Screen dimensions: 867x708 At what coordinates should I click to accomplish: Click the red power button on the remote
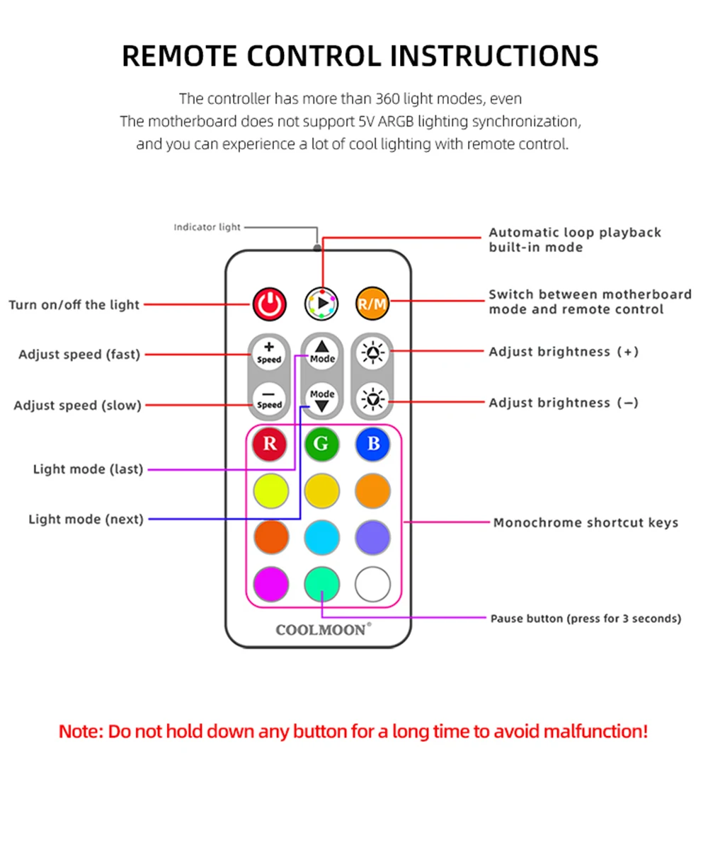coord(269,304)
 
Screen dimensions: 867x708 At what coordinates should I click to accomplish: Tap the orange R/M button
coord(372,304)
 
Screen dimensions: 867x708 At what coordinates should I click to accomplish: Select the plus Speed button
coord(269,352)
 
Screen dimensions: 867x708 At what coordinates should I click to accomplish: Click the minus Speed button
coord(269,399)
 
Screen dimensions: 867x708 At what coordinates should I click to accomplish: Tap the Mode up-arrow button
coord(322,352)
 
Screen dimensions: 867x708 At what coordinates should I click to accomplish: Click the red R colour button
coord(270,444)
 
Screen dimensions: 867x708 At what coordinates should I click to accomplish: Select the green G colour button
coord(321,444)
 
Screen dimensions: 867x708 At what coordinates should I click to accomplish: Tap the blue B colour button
coord(373,444)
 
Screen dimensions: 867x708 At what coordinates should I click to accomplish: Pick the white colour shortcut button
coord(373,585)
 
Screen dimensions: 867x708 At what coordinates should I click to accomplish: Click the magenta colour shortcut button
coord(271,585)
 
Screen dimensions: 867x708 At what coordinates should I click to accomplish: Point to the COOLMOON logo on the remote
coord(322,629)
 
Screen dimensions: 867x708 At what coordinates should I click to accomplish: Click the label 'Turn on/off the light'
coord(74,305)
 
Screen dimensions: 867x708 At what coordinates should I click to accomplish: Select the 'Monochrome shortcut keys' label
coord(586,523)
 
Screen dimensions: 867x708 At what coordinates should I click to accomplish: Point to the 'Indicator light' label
coord(207,227)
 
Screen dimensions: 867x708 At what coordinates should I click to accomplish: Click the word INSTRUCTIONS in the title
coord(494,56)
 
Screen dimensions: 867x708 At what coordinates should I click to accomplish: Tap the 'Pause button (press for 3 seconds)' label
coord(586,619)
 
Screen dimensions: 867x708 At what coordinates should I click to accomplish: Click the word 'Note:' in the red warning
coord(81,731)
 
